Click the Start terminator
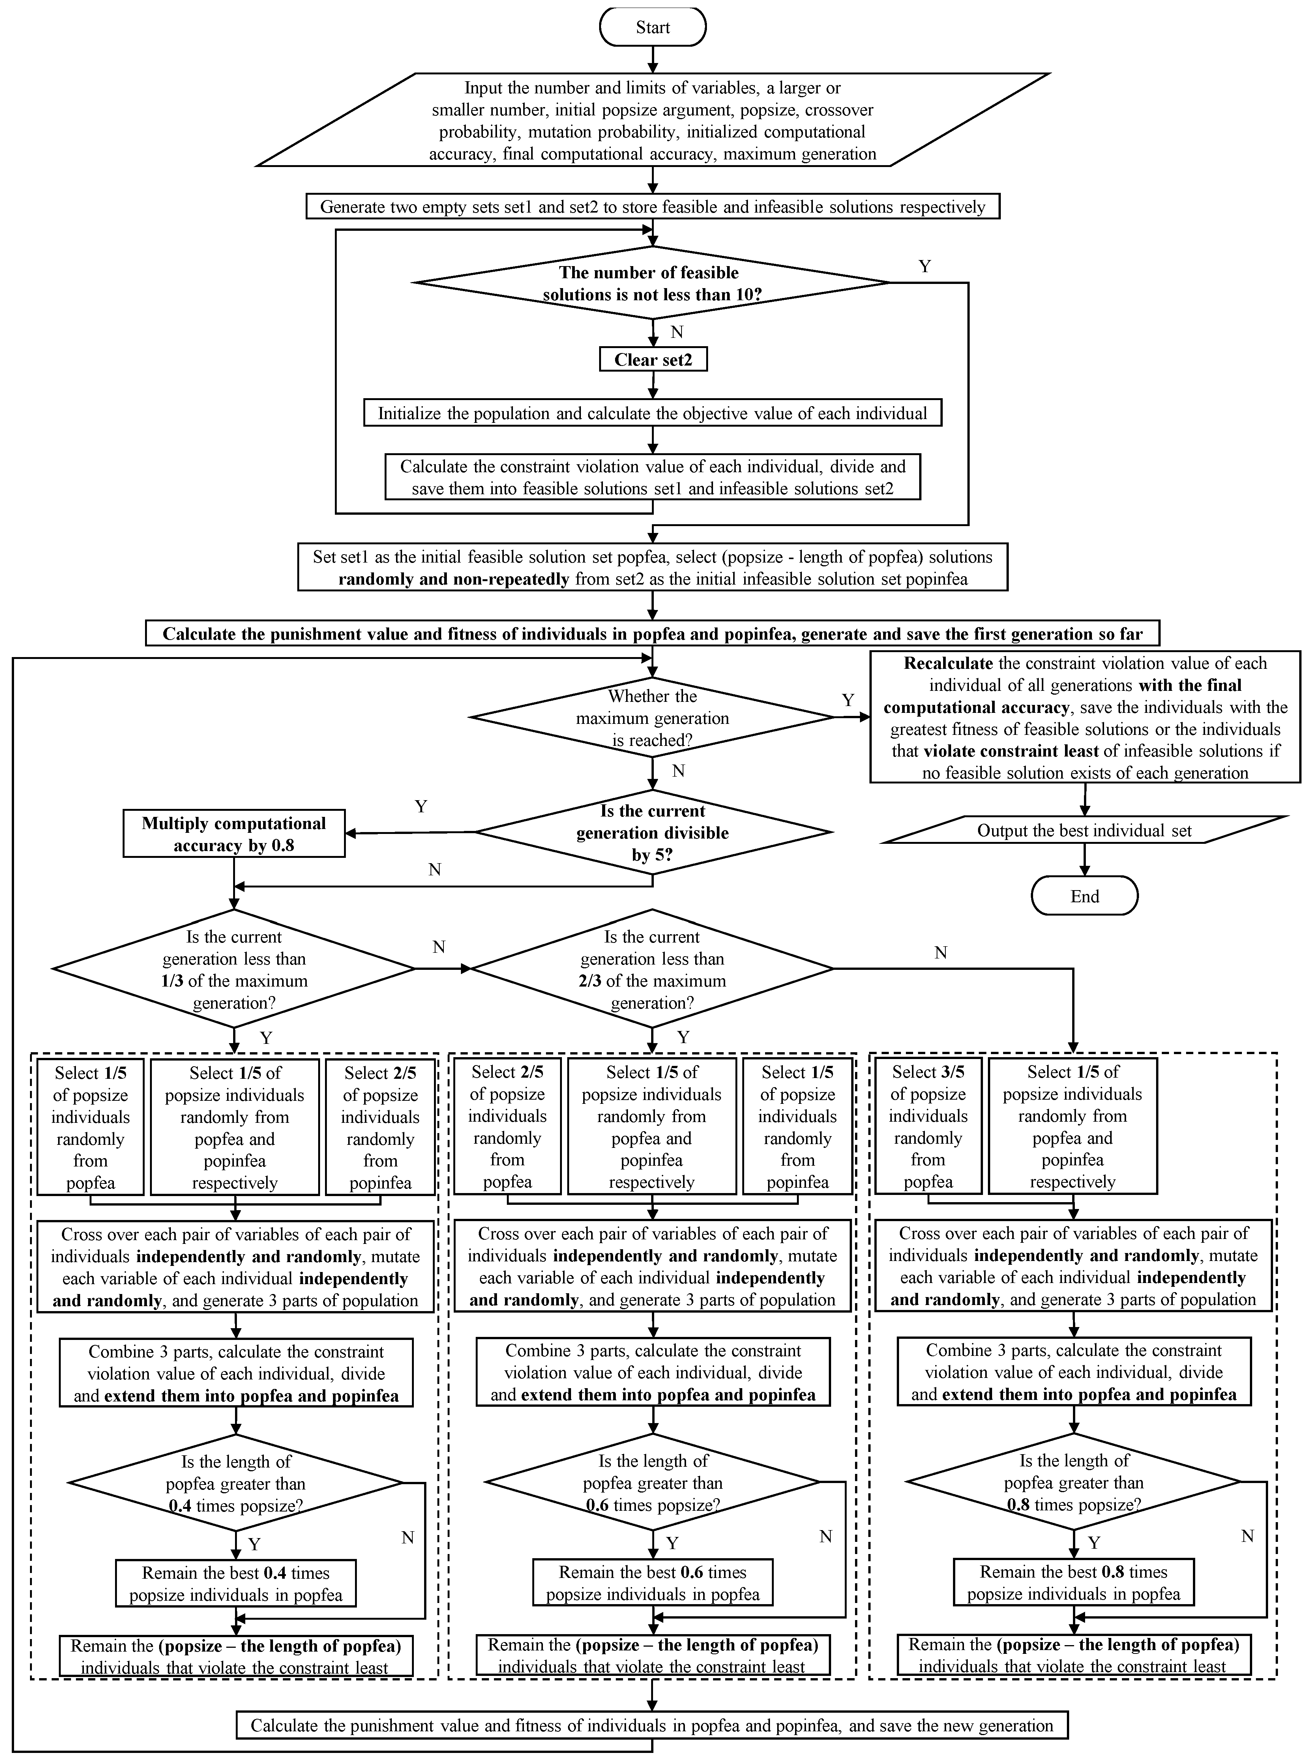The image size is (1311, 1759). (652, 28)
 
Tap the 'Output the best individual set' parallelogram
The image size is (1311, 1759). (1084, 831)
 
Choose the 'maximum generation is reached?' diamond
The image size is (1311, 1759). (652, 718)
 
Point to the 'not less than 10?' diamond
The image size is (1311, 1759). (652, 283)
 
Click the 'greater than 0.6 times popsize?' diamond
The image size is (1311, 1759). (652, 1483)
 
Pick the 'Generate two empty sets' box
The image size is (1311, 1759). (652, 207)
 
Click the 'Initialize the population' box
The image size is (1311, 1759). (652, 413)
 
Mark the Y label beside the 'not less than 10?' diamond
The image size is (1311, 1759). (924, 266)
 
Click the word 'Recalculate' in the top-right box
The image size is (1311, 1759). (948, 663)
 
